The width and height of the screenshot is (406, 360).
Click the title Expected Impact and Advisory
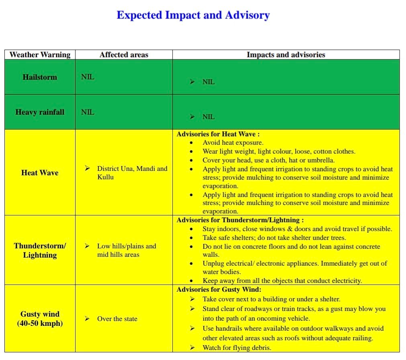(x=193, y=15)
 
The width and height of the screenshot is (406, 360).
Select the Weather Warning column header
(x=40, y=55)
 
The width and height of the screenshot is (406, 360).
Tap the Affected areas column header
(x=124, y=55)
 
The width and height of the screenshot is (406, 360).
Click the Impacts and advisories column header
(x=286, y=55)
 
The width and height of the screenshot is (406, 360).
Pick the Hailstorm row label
(x=40, y=77)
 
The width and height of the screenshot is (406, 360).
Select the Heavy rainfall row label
(x=40, y=112)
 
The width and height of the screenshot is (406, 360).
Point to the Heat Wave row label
(x=40, y=173)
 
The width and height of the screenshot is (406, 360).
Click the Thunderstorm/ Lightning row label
(x=40, y=250)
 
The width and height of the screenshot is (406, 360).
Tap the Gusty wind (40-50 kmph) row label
(x=40, y=318)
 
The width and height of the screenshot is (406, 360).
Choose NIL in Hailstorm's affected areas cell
(x=88, y=77)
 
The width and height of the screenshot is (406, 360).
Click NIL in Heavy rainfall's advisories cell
(x=208, y=117)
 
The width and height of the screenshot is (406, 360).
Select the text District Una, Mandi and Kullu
(x=132, y=173)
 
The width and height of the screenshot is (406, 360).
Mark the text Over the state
(x=117, y=319)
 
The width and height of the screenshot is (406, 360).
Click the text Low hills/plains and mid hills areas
(x=126, y=250)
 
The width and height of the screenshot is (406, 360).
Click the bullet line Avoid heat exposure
(x=233, y=142)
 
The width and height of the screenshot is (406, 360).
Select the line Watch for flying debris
(x=237, y=348)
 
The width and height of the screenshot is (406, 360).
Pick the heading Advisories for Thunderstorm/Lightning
(x=240, y=220)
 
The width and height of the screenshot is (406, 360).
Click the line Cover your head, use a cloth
(x=268, y=160)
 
